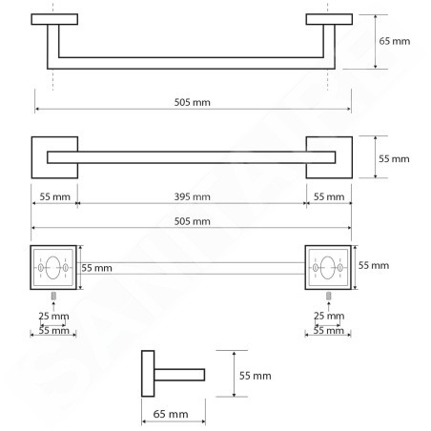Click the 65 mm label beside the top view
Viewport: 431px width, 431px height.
[394, 41]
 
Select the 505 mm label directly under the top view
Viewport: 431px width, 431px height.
[193, 102]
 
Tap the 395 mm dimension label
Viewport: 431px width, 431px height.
[193, 196]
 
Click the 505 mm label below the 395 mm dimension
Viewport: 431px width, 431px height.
[193, 221]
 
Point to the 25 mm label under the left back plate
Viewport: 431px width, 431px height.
[53, 316]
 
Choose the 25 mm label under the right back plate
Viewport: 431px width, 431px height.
[329, 316]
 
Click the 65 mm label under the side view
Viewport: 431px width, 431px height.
[171, 414]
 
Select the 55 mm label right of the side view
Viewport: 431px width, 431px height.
[256, 376]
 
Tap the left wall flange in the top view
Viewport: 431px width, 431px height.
[54, 19]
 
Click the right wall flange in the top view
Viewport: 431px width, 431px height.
[329, 19]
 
